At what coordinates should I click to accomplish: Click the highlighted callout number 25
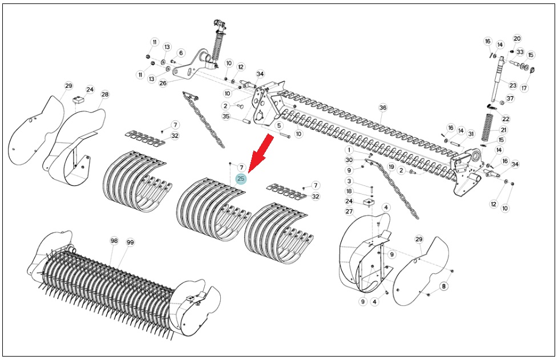click(241, 179)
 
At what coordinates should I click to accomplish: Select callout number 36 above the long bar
click(383, 108)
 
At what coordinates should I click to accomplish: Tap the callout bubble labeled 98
click(114, 241)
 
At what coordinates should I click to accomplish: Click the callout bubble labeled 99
click(130, 242)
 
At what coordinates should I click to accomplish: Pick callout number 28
click(104, 95)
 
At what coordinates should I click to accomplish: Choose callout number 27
click(349, 212)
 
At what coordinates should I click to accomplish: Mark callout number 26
click(163, 83)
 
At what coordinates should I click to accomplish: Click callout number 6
click(181, 53)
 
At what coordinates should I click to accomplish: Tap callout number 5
click(279, 126)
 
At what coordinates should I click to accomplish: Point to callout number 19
click(391, 167)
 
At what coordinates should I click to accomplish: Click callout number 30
click(349, 160)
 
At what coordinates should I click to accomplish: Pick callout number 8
click(443, 286)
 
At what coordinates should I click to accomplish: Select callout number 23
click(512, 86)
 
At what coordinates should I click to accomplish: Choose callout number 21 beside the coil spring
click(504, 130)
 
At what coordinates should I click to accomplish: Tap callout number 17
click(524, 87)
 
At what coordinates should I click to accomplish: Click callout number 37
click(510, 98)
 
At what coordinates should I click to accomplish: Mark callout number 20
click(517, 38)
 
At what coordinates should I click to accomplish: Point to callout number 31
click(471, 134)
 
